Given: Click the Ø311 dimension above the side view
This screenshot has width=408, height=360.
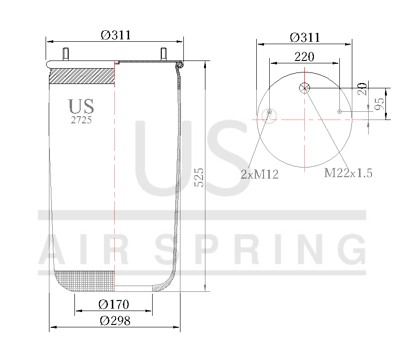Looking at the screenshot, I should (x=116, y=35).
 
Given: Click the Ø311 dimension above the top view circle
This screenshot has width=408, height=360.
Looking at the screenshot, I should (x=305, y=37).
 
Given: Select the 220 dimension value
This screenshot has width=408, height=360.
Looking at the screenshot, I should (x=304, y=57).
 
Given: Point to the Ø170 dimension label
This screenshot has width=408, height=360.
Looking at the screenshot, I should (x=114, y=304).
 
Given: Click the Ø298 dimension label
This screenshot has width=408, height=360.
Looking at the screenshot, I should (x=115, y=321).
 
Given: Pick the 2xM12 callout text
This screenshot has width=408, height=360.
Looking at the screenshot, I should (x=260, y=174).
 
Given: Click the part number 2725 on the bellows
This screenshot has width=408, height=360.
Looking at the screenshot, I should (x=81, y=120).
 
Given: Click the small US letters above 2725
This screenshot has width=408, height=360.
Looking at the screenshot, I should (x=81, y=107).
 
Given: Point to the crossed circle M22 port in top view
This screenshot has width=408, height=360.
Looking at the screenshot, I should (x=304, y=87).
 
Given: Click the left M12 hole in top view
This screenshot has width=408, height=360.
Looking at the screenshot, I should (x=270, y=111).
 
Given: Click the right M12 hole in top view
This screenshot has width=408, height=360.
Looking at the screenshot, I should (x=339, y=111).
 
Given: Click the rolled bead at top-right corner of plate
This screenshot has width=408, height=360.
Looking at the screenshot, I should (x=180, y=64).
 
